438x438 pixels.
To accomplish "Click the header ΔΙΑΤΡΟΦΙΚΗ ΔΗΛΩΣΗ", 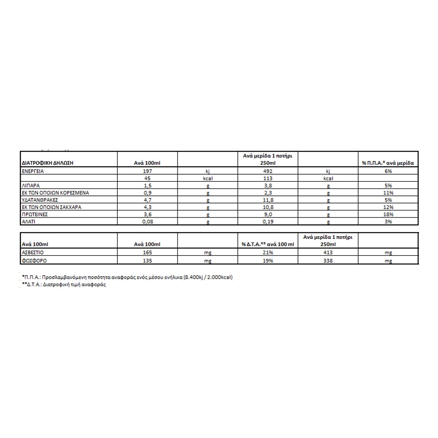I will point(47,163).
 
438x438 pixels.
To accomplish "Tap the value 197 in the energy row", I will point(147,171).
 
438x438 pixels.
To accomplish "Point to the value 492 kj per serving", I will point(268,171).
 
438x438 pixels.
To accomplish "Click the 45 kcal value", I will point(147,178).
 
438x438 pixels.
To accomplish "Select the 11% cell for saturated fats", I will point(388,193).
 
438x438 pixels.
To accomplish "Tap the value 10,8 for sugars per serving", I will point(268,207).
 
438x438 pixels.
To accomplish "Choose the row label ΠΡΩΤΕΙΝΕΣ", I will point(35,214).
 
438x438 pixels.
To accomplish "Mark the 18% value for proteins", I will point(388,214).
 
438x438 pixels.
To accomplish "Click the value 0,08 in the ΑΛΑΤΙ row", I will point(147,222).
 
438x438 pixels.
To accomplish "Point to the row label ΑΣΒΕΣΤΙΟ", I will point(33,252).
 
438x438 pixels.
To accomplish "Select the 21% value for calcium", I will point(268,252).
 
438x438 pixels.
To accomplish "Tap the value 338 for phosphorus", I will point(328,261).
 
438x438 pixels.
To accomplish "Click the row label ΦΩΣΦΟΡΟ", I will point(34,261).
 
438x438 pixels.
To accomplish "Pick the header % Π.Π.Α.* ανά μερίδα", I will point(388,163).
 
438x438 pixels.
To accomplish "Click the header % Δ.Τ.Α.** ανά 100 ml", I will point(268,244).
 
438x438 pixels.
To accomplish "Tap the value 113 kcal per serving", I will point(268,178).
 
